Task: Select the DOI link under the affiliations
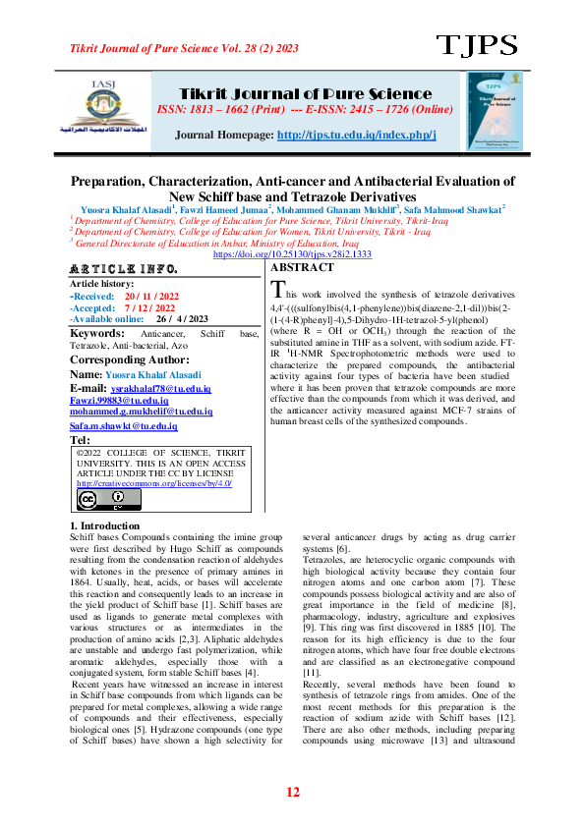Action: pos(292,253)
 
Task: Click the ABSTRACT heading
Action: pos(304,267)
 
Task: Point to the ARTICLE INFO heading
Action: pos(124,269)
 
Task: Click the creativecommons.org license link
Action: pos(154,483)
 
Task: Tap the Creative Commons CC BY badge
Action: pos(102,500)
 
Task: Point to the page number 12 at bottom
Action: pos(292,793)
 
